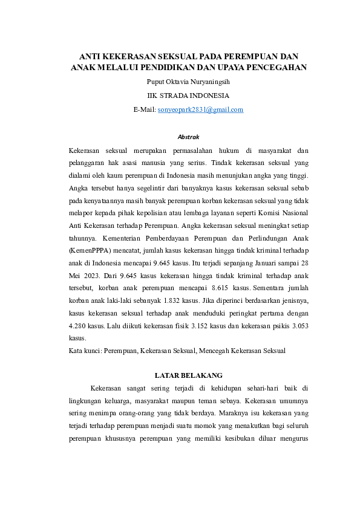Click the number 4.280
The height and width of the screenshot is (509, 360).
point(80,326)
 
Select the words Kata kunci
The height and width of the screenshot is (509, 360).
point(83,350)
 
